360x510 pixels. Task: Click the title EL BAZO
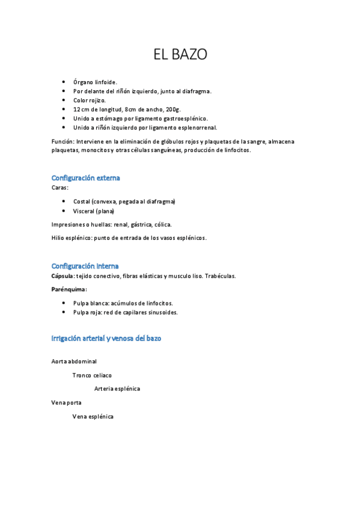tap(180, 55)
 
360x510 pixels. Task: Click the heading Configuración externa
tap(85, 178)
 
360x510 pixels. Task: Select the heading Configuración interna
tap(85, 266)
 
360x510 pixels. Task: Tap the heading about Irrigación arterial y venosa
tap(106, 339)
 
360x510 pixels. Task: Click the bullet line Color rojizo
tap(89, 100)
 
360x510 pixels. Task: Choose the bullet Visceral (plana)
tap(93, 211)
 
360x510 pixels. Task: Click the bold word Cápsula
tap(63, 276)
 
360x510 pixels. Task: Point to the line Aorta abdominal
tap(74, 361)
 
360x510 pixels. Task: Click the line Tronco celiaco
tap(92, 375)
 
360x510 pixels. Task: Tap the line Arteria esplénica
tap(117, 389)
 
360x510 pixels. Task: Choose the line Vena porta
tap(67, 402)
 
